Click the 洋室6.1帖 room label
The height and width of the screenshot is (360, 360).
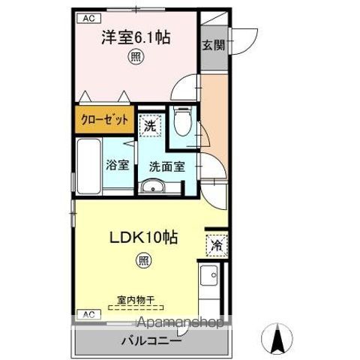136,37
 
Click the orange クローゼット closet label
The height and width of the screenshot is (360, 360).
104,120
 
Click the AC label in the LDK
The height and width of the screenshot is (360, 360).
88,313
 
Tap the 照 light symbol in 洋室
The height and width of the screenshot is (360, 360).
135,56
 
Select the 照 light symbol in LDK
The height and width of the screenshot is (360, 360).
142,260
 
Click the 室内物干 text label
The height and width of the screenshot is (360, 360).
136,299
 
